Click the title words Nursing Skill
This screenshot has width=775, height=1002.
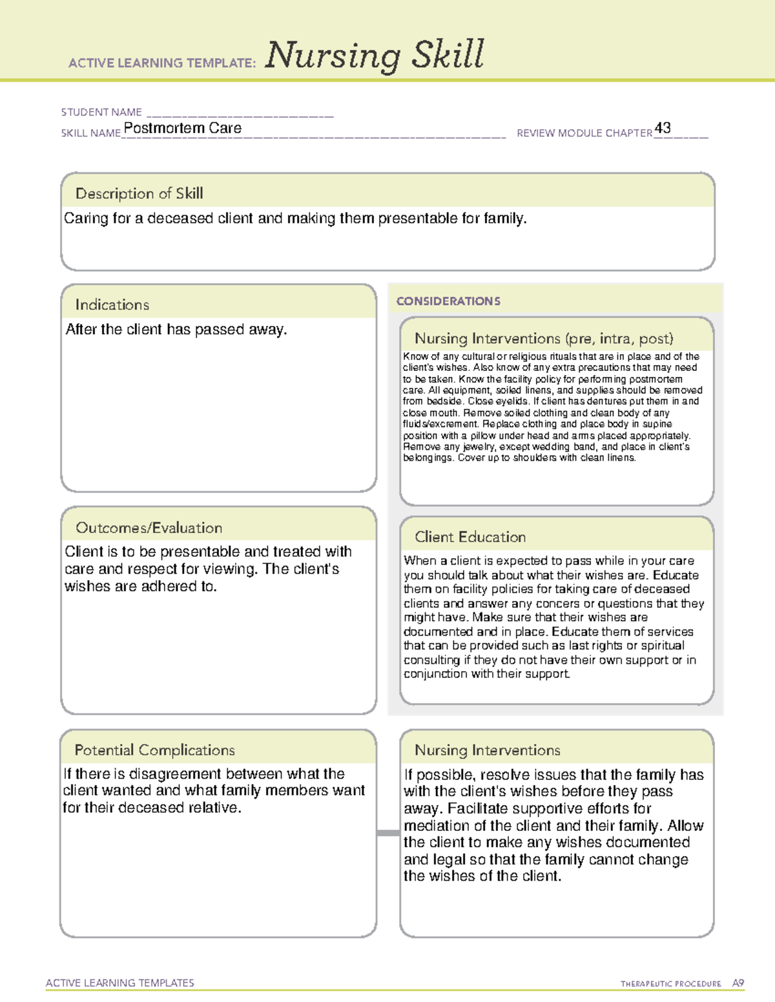[375, 55]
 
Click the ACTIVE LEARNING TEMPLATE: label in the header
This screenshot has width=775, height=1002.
[162, 63]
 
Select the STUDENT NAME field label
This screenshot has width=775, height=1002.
[101, 112]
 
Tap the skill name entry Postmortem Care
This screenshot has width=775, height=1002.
[183, 128]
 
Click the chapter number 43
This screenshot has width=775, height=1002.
[663, 128]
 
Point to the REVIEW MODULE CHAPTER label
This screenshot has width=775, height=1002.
[584, 133]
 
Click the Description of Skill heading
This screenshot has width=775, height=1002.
[139, 194]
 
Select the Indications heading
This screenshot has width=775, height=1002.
[112, 305]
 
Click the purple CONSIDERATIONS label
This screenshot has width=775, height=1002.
[448, 301]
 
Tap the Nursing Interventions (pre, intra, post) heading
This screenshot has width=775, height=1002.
[544, 339]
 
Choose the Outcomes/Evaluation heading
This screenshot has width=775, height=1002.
[149, 528]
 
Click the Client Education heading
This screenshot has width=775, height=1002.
[470, 537]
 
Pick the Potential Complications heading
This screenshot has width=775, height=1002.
[154, 750]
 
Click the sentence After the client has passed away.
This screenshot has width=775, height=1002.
[176, 330]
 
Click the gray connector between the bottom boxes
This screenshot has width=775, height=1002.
[388, 833]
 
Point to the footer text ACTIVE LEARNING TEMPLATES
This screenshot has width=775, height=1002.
[119, 983]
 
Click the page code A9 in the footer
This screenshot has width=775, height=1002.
[738, 983]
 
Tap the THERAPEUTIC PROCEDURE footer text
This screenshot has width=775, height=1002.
[670, 984]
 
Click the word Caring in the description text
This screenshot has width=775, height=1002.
[86, 219]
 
